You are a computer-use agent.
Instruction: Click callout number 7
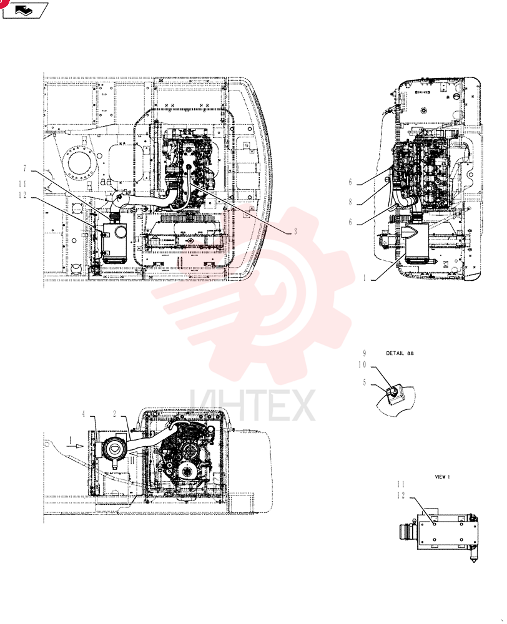tap(25, 168)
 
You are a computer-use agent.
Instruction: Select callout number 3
tap(295, 232)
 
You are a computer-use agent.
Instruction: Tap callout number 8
tap(350, 202)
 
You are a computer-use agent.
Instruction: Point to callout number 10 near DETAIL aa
tap(362, 364)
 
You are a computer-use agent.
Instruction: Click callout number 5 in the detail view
tap(365, 383)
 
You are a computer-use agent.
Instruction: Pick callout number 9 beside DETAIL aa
tap(365, 353)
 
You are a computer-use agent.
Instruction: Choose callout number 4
tap(84, 414)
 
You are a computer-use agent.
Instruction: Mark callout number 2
tap(115, 414)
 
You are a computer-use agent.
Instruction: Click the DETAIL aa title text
tap(400, 353)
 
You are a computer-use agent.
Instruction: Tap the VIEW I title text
tap(443, 477)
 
